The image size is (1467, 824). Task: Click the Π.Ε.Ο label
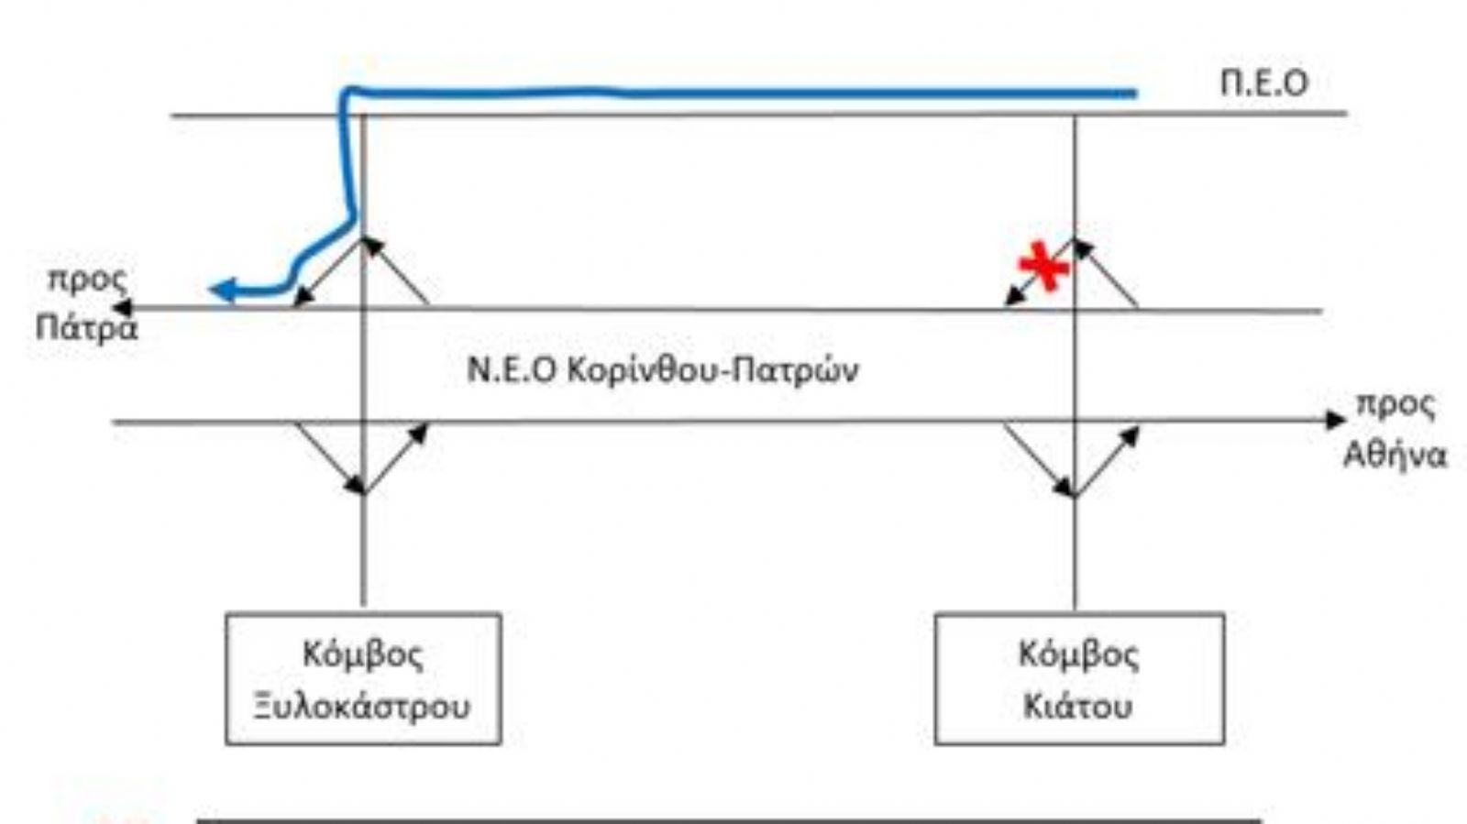point(1263,82)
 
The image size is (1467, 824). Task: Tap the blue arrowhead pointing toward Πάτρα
point(220,291)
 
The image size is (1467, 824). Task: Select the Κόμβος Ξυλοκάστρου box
point(363,679)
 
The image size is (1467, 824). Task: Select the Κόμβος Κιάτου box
point(1079,679)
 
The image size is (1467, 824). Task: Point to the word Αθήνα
point(1394,455)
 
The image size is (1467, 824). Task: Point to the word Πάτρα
point(86,327)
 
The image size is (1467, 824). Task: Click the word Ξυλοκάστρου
point(363,706)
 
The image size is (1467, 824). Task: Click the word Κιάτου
point(1078,706)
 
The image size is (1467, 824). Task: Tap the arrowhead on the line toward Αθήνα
point(1335,421)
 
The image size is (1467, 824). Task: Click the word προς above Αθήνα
point(1395,405)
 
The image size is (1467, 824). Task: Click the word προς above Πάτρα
point(87,279)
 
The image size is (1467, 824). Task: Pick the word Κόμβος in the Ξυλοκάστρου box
point(363,654)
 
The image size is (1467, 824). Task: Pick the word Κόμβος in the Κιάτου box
point(1079,654)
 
